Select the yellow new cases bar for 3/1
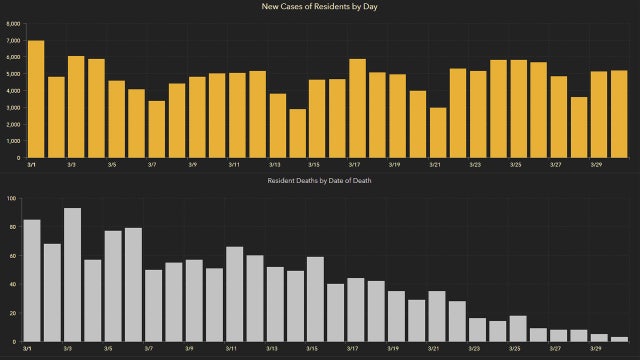pyautogui.click(x=35, y=99)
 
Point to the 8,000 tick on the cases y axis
pyautogui.click(x=12, y=23)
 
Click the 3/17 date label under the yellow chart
pyautogui.click(x=354, y=165)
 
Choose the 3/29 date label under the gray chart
pyautogui.click(x=597, y=350)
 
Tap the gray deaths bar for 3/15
pyautogui.click(x=316, y=299)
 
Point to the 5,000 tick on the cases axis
pyautogui.click(x=12, y=74)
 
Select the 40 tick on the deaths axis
pyautogui.click(x=12, y=285)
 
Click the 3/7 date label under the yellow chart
pyautogui.click(x=152, y=165)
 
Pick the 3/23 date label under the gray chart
pyautogui.click(x=476, y=350)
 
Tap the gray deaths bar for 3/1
pyautogui.click(x=32, y=281)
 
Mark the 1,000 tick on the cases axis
pyautogui.click(x=12, y=141)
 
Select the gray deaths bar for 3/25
pyautogui.click(x=519, y=329)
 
